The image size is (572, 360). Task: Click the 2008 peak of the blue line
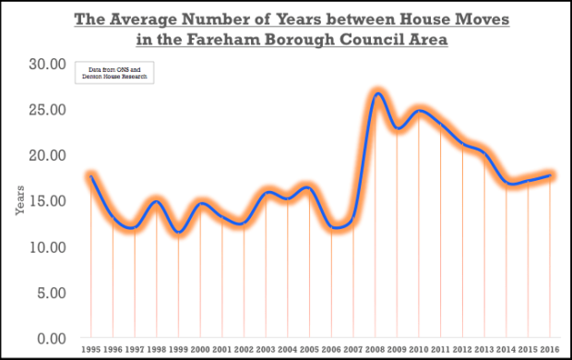pos(377,93)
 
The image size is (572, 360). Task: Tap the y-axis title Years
pos(18,201)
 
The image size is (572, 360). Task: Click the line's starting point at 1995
pos(90,176)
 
